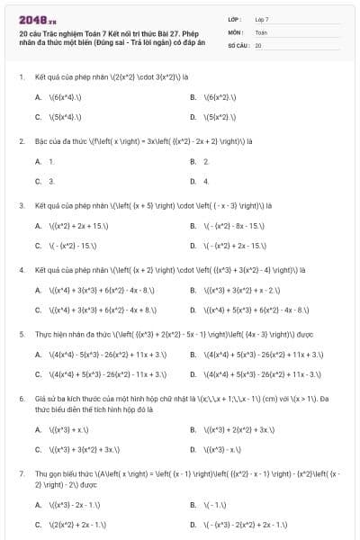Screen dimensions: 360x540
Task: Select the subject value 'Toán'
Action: point(261,31)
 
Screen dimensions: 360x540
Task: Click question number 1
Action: point(21,77)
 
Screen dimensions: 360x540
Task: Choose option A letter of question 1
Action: point(39,97)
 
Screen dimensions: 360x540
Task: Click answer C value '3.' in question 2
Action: point(51,181)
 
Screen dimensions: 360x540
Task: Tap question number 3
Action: point(21,205)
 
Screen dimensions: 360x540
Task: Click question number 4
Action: point(21,269)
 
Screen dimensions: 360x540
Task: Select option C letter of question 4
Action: point(39,310)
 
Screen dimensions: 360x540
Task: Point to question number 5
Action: point(21,333)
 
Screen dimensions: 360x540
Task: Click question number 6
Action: point(21,397)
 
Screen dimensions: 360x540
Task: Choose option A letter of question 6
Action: point(39,430)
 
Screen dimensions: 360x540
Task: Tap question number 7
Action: point(21,472)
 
